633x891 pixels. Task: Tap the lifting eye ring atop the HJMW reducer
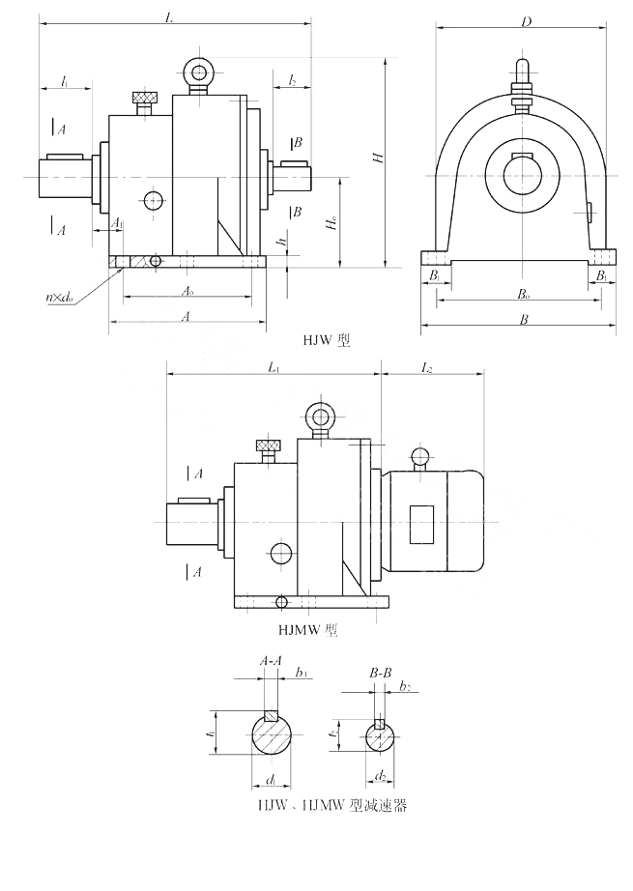[x=320, y=417]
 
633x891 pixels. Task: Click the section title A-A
[x=271, y=660]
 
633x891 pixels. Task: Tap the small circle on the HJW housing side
[x=153, y=201]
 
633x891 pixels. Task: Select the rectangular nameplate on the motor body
[x=422, y=524]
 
